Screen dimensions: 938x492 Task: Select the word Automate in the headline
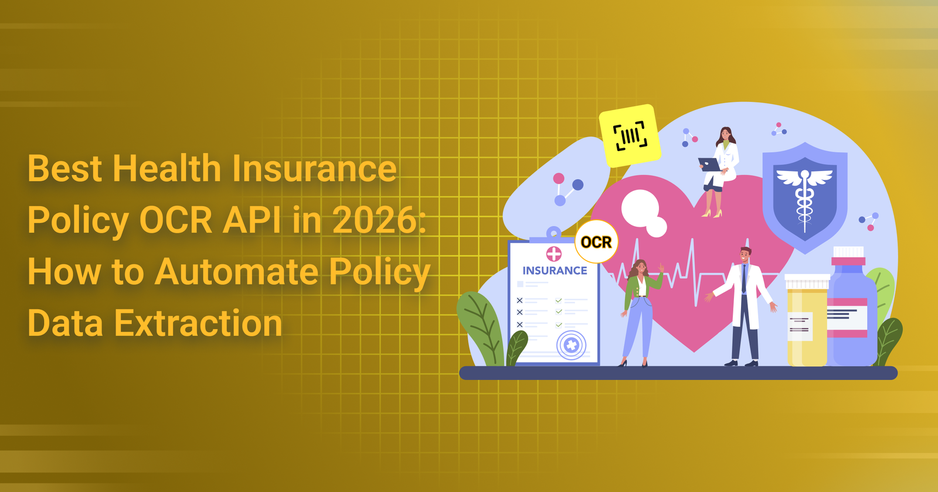236,272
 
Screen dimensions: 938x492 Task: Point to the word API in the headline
252,220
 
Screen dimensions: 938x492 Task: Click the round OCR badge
596,242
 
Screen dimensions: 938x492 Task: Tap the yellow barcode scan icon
630,135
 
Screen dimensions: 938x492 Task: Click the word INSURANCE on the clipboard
555,271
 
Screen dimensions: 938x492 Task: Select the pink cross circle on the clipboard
553,254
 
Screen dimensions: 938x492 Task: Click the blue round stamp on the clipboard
571,345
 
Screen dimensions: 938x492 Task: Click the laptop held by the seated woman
709,165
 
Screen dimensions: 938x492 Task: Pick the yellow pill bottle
807,320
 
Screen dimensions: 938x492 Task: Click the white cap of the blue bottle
848,252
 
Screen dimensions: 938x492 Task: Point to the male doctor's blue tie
744,279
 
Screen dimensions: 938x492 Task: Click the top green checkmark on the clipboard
559,300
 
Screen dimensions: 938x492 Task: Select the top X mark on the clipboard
519,300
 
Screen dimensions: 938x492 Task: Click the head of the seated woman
725,135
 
